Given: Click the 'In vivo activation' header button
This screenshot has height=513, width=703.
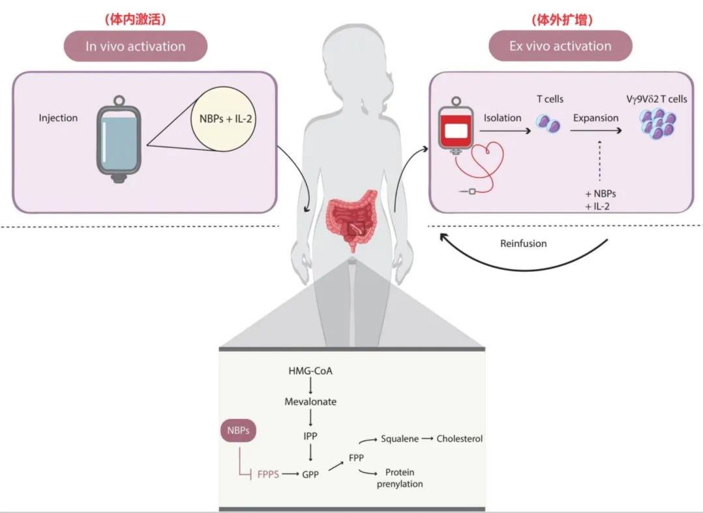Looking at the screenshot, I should pyautogui.click(x=135, y=46).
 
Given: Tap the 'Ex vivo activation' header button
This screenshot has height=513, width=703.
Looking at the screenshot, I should pyautogui.click(x=560, y=46).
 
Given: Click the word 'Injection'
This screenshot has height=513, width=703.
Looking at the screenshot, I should pyautogui.click(x=58, y=118).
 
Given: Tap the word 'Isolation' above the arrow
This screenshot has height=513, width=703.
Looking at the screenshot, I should pyautogui.click(x=502, y=118).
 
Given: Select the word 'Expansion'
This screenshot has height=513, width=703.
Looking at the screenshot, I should pyautogui.click(x=595, y=118).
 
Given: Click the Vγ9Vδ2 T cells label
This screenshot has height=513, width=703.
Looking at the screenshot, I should pyautogui.click(x=655, y=100).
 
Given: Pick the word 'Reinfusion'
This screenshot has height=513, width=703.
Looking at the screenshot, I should pyautogui.click(x=523, y=243).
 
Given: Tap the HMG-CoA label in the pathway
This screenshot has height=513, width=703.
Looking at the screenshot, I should pyautogui.click(x=310, y=371).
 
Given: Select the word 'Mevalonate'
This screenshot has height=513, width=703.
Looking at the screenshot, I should pyautogui.click(x=310, y=402).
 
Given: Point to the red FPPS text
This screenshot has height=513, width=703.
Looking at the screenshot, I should pyautogui.click(x=267, y=475).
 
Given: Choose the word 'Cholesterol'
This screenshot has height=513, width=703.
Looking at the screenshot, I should pyautogui.click(x=460, y=439).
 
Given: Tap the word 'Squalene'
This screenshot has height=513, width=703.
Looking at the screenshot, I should pyautogui.click(x=400, y=439).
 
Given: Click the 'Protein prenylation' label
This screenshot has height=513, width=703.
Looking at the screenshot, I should pyautogui.click(x=400, y=478).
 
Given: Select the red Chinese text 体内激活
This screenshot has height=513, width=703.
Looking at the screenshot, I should pyautogui.click(x=135, y=20).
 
